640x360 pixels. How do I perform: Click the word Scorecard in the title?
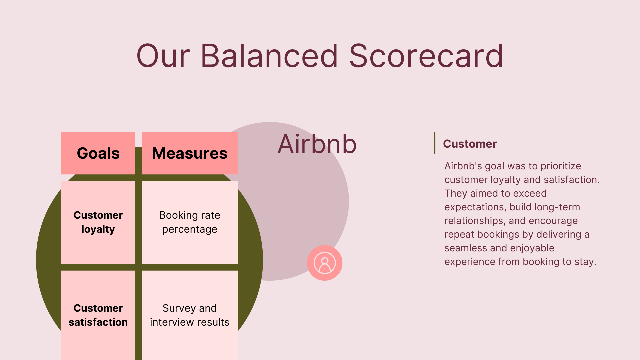(426, 56)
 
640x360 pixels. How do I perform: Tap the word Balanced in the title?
(269, 56)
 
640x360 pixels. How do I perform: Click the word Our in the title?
(163, 56)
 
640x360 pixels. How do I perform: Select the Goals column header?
(98, 153)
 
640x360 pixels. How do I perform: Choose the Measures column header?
(190, 153)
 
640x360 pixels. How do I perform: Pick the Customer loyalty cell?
(98, 222)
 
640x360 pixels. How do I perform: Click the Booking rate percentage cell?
(190, 222)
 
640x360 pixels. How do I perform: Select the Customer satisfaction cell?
(98, 315)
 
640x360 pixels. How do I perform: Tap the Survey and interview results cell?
(190, 315)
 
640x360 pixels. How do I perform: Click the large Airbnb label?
(317, 144)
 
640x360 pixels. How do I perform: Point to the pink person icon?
(325, 263)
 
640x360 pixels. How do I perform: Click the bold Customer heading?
(470, 144)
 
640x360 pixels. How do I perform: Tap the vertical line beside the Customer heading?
(435, 143)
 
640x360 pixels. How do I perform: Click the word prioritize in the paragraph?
(561, 166)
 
